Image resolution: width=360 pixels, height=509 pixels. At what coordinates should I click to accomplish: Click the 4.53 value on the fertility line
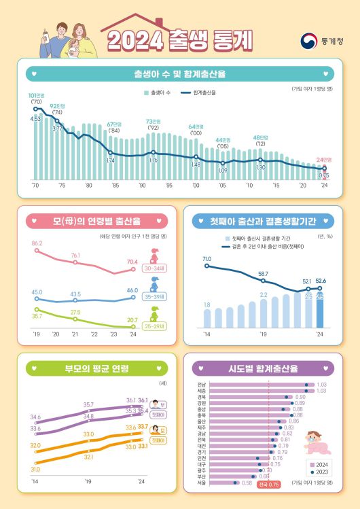[36, 118]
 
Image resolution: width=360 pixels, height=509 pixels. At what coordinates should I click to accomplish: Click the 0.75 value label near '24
[325, 175]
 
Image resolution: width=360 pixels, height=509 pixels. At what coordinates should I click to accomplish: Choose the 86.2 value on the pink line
[37, 243]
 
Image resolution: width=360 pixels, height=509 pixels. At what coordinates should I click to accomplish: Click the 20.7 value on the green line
[132, 319]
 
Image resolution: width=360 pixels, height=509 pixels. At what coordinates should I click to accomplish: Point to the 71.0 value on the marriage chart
[207, 258]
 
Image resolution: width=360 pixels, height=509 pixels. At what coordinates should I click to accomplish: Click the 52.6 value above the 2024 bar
[320, 281]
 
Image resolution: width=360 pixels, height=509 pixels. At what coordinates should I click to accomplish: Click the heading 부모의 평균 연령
[96, 369]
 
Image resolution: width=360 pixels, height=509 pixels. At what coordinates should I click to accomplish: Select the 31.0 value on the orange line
[35, 469]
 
